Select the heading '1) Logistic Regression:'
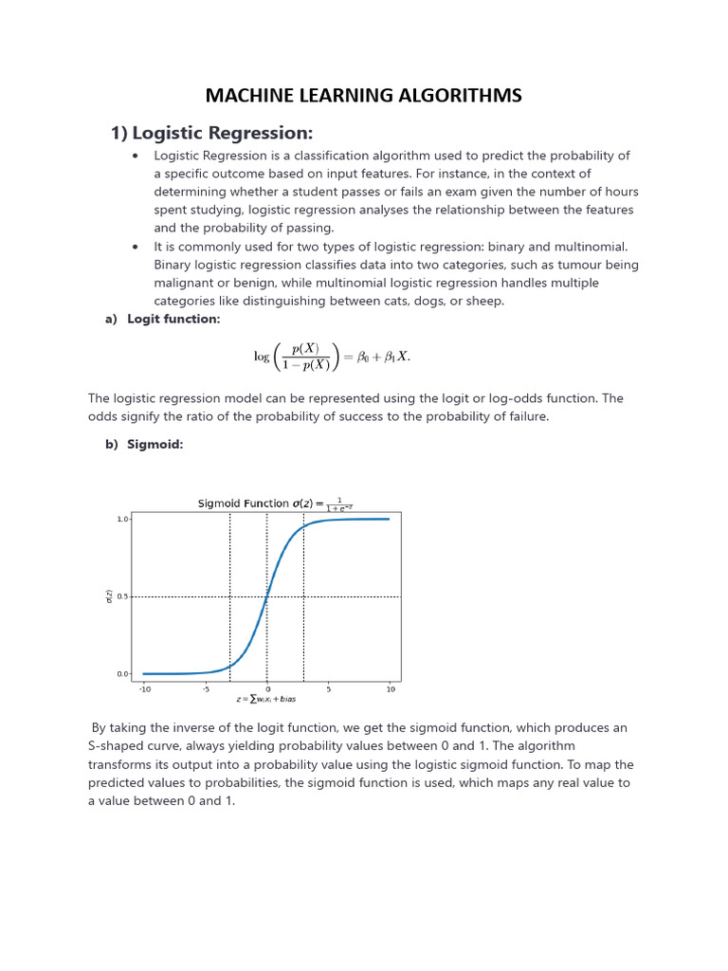point(211,132)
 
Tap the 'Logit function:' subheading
point(173,320)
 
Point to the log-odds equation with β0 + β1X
point(332,357)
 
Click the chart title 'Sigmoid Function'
point(243,504)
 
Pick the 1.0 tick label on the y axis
point(122,520)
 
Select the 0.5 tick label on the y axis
point(122,597)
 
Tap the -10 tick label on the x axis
point(145,689)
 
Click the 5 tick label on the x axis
point(328,689)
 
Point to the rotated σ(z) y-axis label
point(109,596)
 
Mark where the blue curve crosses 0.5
point(266,597)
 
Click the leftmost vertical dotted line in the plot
point(229,596)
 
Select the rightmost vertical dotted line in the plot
point(303,596)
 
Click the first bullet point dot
point(136,156)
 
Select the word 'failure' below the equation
point(524,417)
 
